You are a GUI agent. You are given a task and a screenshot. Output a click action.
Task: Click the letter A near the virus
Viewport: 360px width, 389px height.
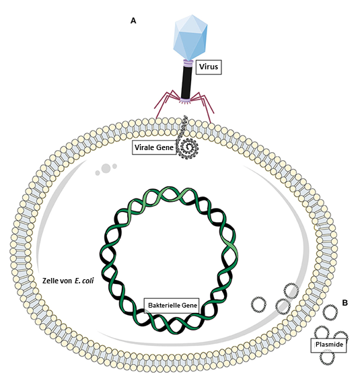coord(133,21)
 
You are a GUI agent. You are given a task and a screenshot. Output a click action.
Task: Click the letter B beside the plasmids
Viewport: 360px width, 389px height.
coord(345,303)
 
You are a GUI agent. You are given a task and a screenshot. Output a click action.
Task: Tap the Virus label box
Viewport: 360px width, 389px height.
coord(209,67)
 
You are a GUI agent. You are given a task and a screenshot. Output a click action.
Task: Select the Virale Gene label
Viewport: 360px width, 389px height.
coord(154,147)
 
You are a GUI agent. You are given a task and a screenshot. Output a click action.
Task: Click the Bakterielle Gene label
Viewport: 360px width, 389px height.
coord(172,306)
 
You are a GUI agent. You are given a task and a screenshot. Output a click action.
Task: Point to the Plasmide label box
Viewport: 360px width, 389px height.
coord(329,345)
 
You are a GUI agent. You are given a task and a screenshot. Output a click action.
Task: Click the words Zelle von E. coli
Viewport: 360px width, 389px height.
coord(68,281)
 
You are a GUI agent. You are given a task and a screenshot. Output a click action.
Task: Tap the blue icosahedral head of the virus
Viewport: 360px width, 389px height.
coord(190,38)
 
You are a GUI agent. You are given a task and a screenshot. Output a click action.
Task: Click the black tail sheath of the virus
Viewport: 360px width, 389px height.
coord(186,82)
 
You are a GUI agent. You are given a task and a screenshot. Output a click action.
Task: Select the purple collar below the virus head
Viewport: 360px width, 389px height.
coord(188,63)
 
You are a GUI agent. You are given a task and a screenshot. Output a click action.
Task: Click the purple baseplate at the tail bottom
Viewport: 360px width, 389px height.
coord(186,101)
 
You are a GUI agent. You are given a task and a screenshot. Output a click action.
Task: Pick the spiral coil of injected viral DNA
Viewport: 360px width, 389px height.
coord(188,148)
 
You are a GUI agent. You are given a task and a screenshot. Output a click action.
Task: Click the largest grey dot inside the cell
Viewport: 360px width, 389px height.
coord(106,168)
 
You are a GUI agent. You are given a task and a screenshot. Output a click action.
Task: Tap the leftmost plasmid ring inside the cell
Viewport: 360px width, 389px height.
coord(259,304)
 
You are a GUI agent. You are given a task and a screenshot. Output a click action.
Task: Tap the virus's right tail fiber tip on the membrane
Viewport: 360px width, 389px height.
coord(211,122)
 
